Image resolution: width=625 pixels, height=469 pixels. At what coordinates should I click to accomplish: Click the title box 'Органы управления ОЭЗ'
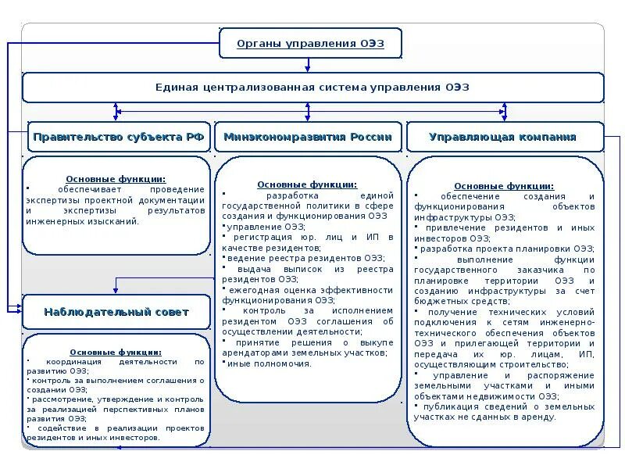(x=310, y=43)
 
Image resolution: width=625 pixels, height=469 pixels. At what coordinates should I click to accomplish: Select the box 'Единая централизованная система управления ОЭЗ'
(x=312, y=88)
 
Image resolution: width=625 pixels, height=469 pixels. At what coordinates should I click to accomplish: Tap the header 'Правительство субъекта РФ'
(x=119, y=137)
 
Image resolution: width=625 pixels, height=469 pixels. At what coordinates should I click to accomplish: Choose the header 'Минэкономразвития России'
(x=308, y=137)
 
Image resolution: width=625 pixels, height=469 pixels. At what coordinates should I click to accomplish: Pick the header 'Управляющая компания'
(x=503, y=137)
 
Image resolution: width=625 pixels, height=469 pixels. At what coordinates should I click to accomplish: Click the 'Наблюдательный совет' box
(x=116, y=312)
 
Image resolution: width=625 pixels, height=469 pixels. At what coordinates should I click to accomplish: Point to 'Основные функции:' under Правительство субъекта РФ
(x=116, y=179)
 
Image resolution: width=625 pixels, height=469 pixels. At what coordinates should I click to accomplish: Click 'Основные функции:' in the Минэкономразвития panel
(x=307, y=184)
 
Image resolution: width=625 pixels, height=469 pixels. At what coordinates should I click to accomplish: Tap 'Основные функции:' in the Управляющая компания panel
(x=504, y=186)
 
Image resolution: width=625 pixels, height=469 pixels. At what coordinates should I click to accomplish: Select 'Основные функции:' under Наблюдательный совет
(x=116, y=353)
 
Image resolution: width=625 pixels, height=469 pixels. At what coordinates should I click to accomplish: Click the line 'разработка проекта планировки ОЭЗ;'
(x=505, y=249)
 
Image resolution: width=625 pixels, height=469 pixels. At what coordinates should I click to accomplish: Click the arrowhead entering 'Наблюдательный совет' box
(x=19, y=310)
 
